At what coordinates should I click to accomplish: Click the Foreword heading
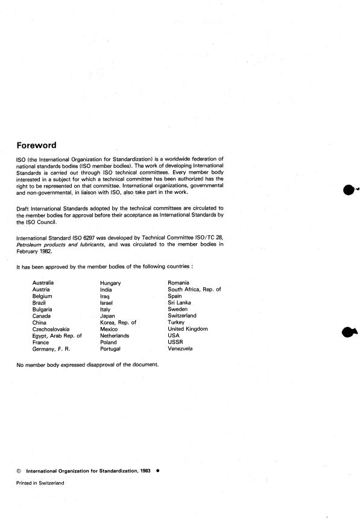coord(36,145)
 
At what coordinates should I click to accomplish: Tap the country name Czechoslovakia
coord(51,329)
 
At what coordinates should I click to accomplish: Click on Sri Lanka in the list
coord(181,302)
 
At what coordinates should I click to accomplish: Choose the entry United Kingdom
coord(188,329)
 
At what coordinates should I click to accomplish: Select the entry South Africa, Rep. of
coord(194,289)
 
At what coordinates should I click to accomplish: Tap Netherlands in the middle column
coord(115,336)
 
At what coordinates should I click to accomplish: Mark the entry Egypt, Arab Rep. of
coord(57,336)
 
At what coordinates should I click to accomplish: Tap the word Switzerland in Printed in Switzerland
coord(51,483)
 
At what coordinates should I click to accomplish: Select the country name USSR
coord(175,342)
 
